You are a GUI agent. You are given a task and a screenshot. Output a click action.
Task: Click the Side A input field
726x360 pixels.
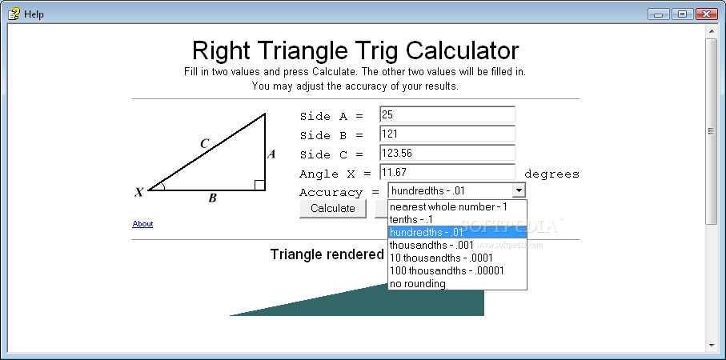447,114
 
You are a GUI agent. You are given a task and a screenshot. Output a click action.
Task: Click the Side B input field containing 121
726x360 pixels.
447,134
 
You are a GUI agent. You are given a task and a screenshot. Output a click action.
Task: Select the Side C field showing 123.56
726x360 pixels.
447,153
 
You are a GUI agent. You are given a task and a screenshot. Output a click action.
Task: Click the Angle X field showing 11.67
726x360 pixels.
447,172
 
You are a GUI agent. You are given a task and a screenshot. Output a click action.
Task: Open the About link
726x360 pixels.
142,224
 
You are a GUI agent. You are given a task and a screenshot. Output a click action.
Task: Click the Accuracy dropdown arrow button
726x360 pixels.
519,190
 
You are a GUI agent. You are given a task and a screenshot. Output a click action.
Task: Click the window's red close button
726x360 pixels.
706,14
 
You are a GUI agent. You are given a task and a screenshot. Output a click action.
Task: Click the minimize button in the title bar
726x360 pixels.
658,14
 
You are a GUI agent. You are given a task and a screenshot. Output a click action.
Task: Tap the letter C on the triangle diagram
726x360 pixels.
205,144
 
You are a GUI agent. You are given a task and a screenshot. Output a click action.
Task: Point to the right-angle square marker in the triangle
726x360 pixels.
260,185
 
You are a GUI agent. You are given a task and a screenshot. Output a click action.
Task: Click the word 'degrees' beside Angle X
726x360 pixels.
552,174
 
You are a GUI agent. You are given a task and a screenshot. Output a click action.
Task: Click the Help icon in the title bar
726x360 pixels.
14,14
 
